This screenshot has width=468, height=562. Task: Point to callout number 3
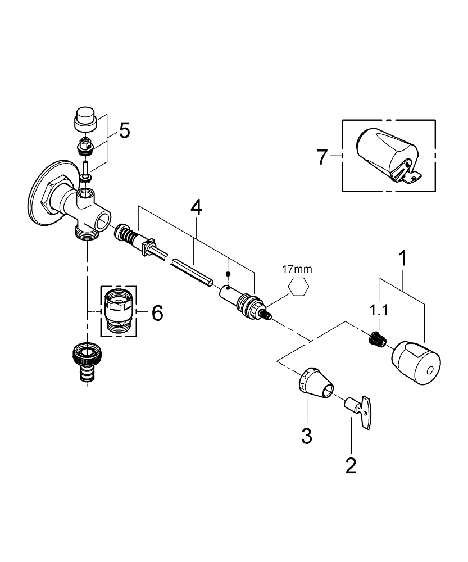[306, 436]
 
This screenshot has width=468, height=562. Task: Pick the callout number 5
[124, 131]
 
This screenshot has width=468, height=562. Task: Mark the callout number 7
[321, 157]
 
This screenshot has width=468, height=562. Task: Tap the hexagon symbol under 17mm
[298, 288]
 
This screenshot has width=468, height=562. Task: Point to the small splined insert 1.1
[375, 339]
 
